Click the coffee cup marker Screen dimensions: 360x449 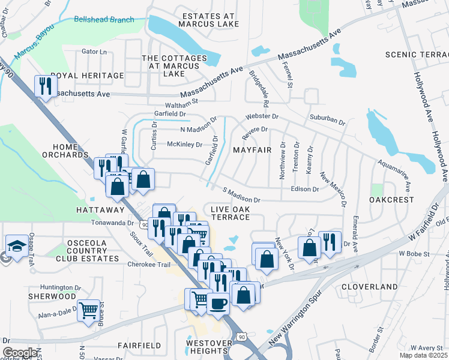(219, 303)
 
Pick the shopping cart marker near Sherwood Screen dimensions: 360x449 (88, 311)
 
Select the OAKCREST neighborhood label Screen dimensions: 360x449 (391, 199)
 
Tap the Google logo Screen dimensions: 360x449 (19, 352)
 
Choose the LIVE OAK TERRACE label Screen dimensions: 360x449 (229, 212)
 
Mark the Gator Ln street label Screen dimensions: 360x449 (94, 52)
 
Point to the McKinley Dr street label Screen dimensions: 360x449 (185, 144)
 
